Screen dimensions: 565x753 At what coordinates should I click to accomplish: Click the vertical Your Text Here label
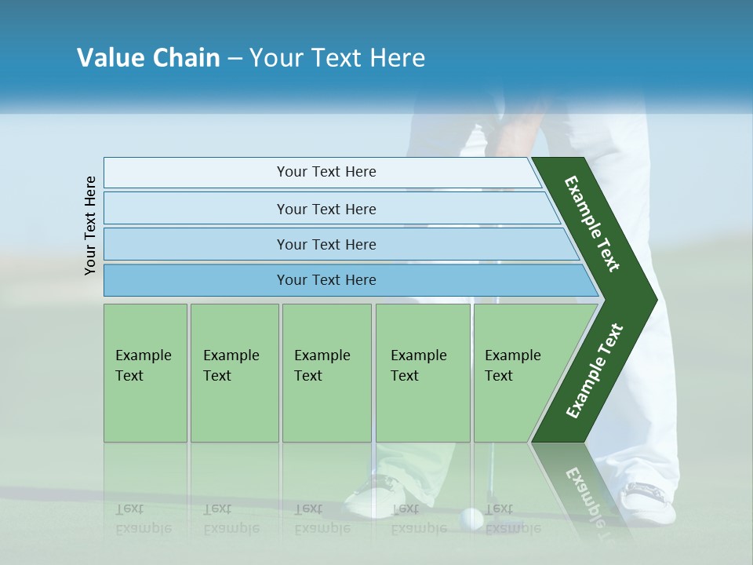[x=90, y=225]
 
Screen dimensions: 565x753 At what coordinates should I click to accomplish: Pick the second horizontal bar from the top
[x=326, y=209]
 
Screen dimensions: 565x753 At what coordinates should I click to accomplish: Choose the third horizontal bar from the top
[x=326, y=244]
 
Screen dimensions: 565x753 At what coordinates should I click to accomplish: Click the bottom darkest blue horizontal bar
[x=326, y=280]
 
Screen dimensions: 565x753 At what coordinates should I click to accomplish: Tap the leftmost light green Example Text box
[x=145, y=373]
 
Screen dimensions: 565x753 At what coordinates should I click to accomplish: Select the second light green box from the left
[x=234, y=373]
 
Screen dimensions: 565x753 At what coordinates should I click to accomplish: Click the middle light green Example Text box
[x=326, y=373]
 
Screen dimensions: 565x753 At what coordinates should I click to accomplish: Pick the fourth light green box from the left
[x=423, y=373]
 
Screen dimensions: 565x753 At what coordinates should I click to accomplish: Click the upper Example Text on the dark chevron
[x=592, y=224]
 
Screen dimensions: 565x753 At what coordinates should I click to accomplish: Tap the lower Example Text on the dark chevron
[x=595, y=370]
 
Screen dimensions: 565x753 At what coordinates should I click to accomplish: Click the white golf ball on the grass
[x=472, y=518]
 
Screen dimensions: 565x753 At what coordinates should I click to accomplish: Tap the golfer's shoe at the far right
[x=648, y=502]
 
